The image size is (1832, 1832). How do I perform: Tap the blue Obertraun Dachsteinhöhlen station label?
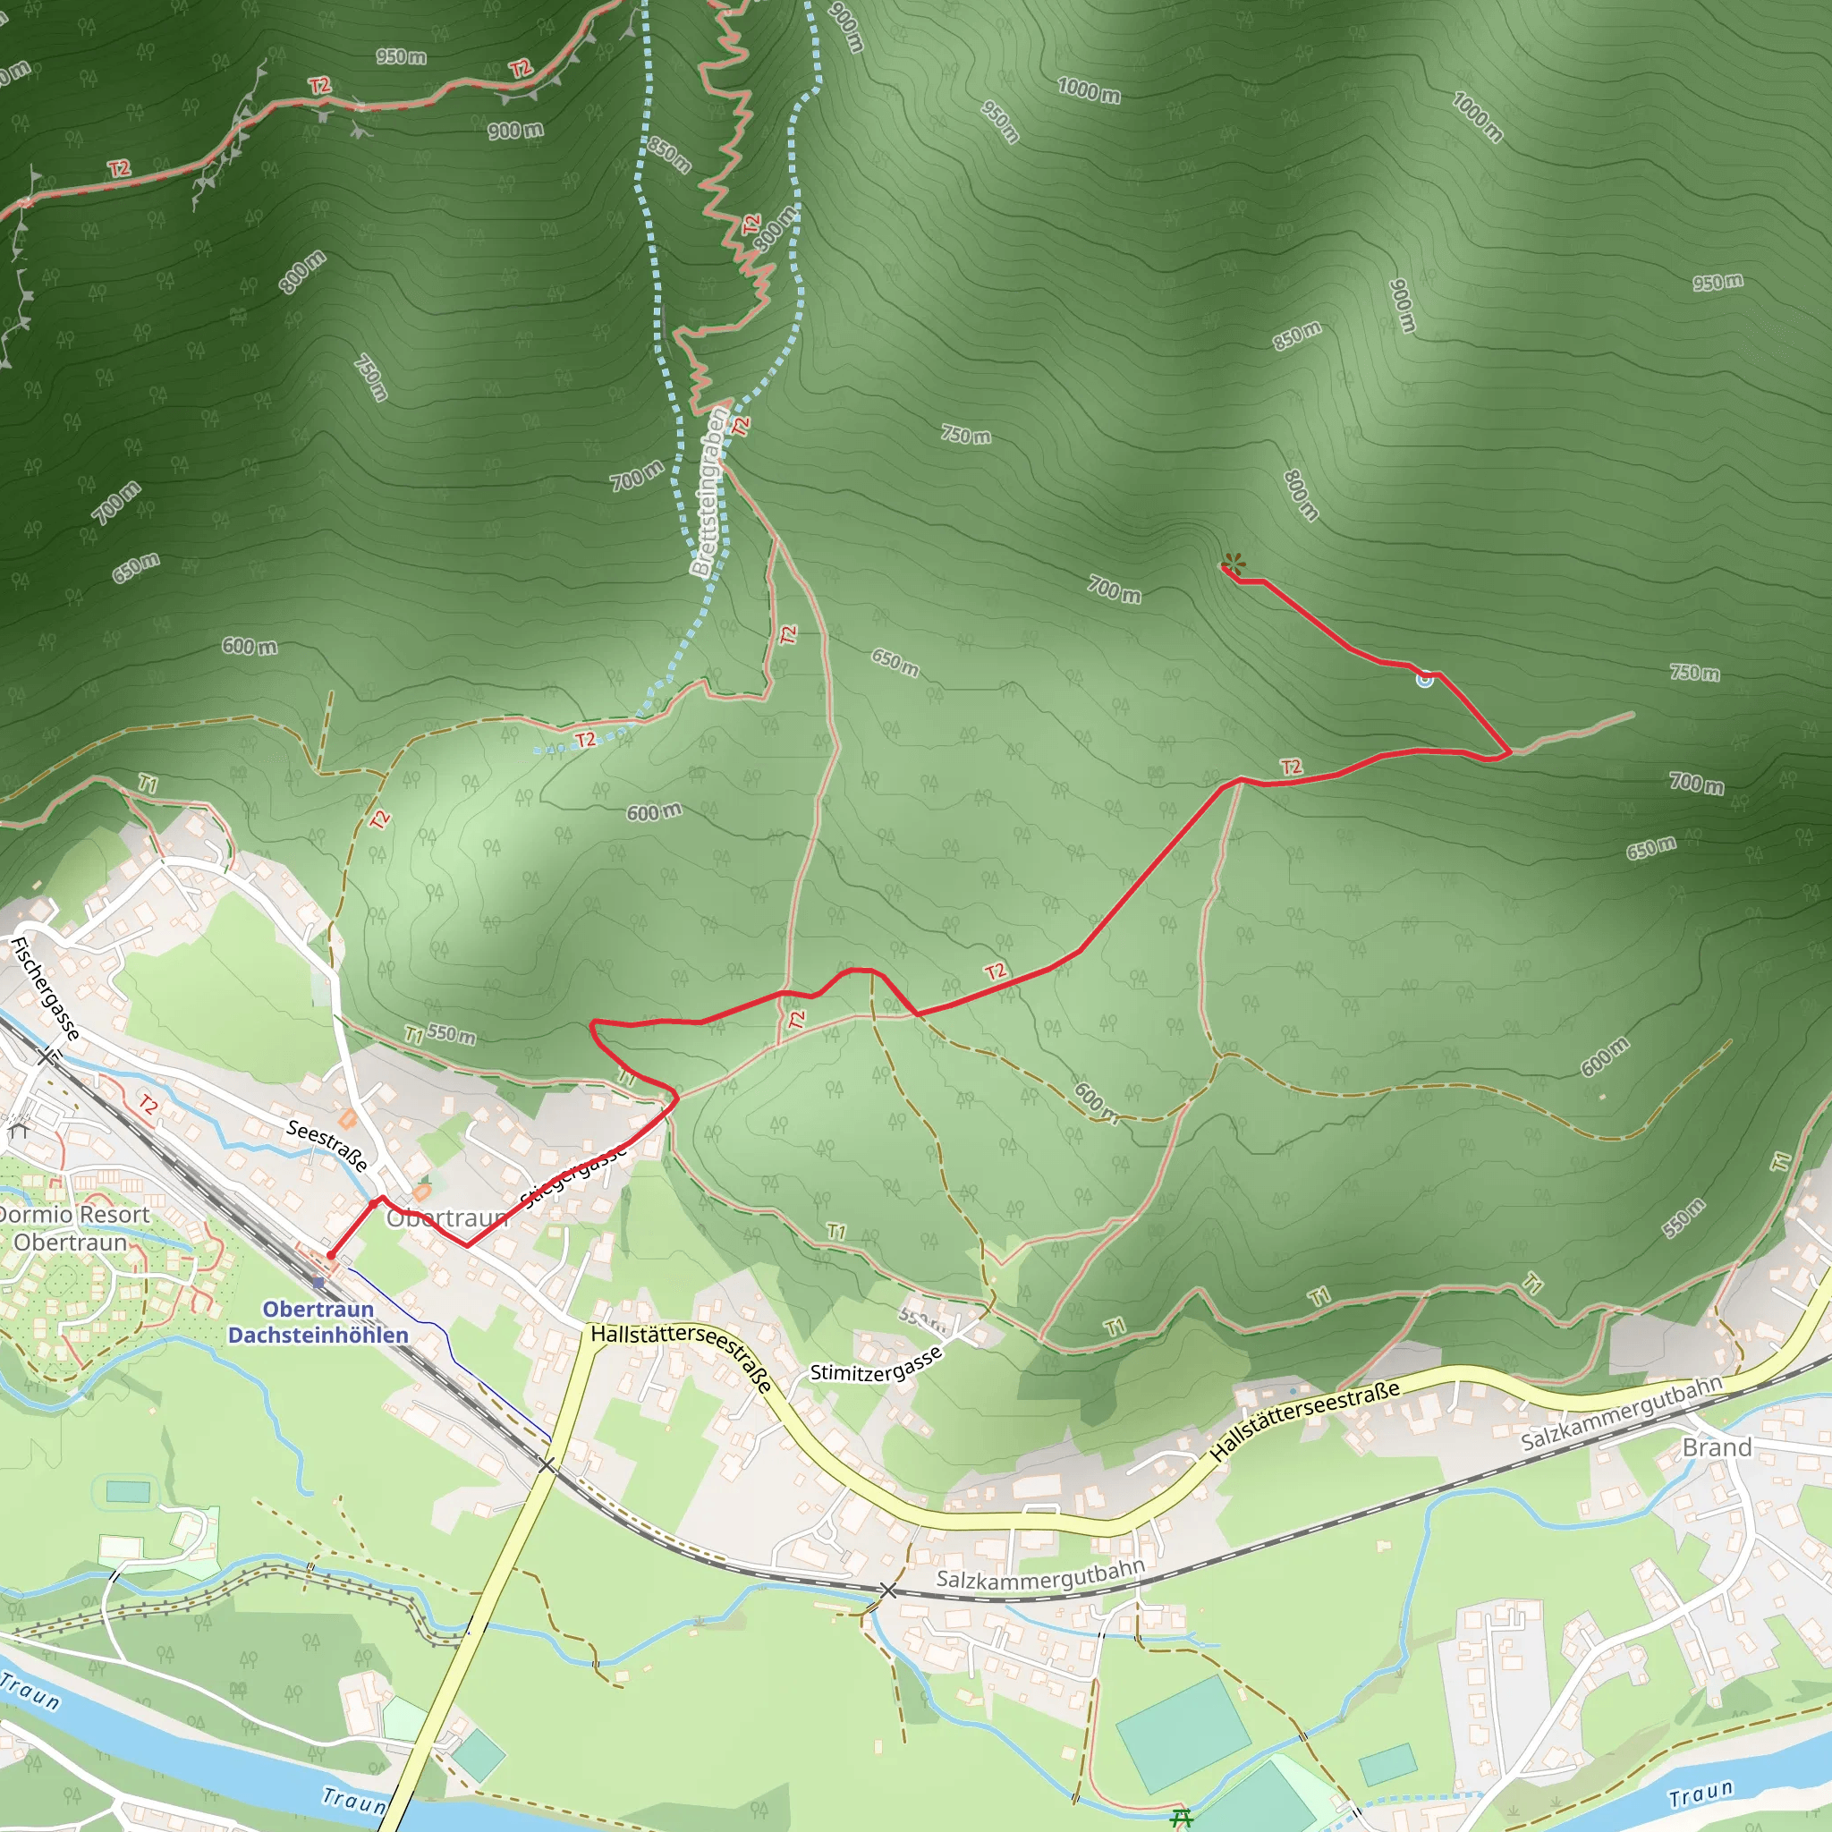pos(318,1322)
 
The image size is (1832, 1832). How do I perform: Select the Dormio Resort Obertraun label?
pos(72,1228)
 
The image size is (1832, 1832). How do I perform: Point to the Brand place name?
pos(1717,1447)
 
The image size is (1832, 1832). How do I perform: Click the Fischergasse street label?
pos(46,988)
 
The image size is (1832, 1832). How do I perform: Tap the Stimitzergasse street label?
pos(876,1363)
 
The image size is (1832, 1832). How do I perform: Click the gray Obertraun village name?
pos(445,1218)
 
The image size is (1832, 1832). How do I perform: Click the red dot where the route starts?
pos(330,1255)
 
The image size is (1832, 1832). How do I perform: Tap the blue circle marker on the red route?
pos(1424,679)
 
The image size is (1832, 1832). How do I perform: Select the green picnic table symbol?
pos(1182,1817)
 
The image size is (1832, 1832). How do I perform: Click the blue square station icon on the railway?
pos(318,1282)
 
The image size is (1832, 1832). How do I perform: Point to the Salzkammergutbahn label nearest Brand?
pos(1622,1412)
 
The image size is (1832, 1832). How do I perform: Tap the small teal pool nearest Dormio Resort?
pos(127,1491)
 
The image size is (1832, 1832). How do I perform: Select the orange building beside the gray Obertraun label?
pos(422,1191)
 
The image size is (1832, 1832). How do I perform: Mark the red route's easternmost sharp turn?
pos(1509,754)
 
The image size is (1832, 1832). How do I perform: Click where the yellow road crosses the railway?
pos(547,1466)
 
